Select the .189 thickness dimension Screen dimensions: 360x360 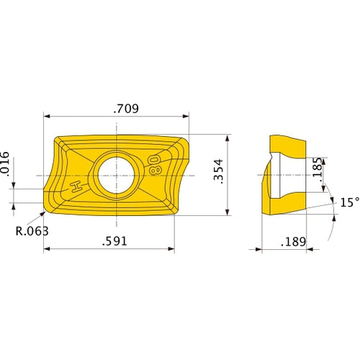pyautogui.click(x=294, y=241)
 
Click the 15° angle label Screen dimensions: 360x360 pyautogui.click(x=349, y=203)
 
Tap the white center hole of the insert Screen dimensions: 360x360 pyautogui.click(x=115, y=175)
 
